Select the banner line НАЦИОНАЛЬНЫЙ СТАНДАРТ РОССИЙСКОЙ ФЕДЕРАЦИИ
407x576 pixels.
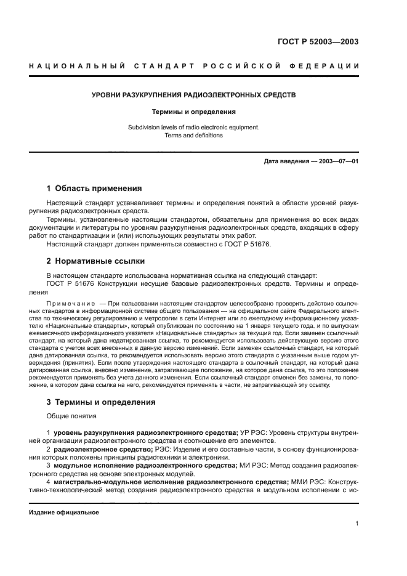click(203, 66)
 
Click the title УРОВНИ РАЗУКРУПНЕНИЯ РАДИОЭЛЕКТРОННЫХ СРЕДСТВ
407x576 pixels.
click(194, 96)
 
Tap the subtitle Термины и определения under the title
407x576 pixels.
click(194, 112)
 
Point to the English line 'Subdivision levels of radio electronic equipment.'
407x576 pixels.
click(194, 128)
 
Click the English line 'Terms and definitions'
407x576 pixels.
click(194, 136)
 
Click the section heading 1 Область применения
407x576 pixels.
click(94, 189)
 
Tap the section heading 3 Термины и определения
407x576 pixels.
click(101, 402)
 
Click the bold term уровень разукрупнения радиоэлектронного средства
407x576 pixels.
click(145, 434)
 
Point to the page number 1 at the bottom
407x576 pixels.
click(357, 524)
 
